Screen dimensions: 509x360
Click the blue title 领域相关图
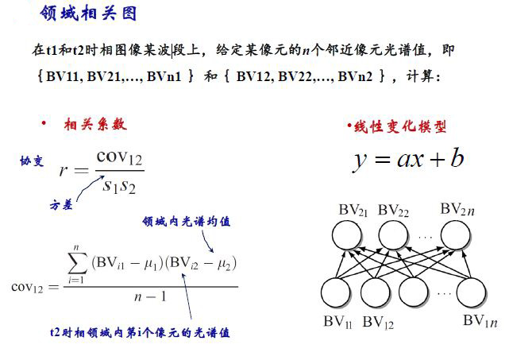[88, 14]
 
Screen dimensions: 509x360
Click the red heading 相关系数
[95, 125]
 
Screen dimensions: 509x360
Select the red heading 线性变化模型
[400, 126]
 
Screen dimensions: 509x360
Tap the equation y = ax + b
[409, 159]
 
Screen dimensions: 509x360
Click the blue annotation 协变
[32, 161]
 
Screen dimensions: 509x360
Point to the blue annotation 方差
[61, 205]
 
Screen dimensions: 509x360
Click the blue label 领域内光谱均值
[187, 222]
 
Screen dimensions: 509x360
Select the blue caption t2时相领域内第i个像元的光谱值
[140, 333]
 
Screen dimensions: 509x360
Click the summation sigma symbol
[78, 263]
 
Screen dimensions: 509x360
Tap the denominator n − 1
[150, 296]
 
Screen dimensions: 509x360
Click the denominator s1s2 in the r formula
[119, 187]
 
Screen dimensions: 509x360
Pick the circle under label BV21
[347, 234]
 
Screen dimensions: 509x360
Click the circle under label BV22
[393, 234]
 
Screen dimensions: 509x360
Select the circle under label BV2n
[455, 234]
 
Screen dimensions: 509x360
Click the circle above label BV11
[336, 292]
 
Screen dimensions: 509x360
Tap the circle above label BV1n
[471, 292]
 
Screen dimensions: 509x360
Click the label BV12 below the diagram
[378, 323]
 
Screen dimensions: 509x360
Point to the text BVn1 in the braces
[164, 76]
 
